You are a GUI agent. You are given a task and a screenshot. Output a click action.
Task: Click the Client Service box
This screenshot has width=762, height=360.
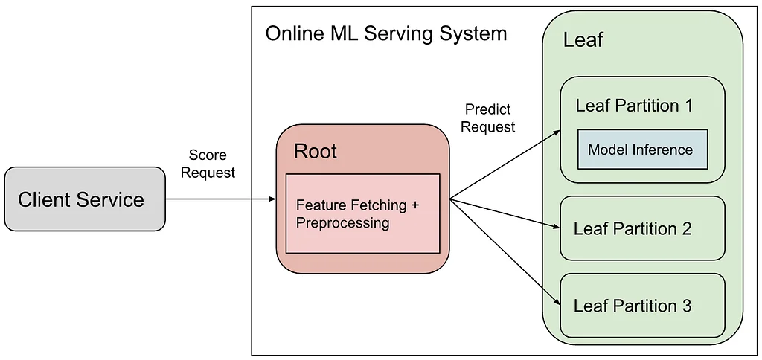[x=85, y=199]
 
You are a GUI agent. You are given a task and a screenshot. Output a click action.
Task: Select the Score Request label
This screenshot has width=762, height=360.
[x=208, y=164]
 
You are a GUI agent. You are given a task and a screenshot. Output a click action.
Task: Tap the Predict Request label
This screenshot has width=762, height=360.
[x=488, y=118]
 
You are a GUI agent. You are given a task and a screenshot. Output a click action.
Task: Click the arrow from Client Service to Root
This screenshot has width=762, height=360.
[x=221, y=199]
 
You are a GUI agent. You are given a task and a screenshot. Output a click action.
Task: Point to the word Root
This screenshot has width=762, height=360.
[x=315, y=152]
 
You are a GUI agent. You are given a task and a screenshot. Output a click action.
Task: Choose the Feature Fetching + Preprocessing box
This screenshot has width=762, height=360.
[x=362, y=213]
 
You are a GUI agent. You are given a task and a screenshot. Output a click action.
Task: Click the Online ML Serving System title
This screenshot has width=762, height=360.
[x=386, y=34]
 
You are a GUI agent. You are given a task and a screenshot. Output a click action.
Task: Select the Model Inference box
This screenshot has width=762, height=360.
[x=642, y=150]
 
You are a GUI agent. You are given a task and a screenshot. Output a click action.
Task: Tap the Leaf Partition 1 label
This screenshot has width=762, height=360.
[x=634, y=106]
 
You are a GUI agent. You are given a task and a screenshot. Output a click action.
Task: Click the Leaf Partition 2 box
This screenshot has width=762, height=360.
[x=642, y=228]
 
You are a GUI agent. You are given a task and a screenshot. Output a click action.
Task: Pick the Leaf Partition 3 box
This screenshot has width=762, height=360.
[x=642, y=306]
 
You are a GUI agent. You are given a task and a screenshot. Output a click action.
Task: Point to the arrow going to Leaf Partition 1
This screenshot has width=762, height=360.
[x=505, y=164]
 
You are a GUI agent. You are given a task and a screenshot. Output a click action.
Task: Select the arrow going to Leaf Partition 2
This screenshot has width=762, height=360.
[x=505, y=213]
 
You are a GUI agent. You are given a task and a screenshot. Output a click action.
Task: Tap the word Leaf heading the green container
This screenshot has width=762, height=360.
[x=583, y=40]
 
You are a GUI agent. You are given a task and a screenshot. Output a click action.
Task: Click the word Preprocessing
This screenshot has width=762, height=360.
[x=342, y=222]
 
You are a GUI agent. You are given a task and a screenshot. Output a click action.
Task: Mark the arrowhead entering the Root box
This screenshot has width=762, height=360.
[x=272, y=199]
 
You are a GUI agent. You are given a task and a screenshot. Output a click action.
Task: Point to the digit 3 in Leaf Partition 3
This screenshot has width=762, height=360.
[x=686, y=306]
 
